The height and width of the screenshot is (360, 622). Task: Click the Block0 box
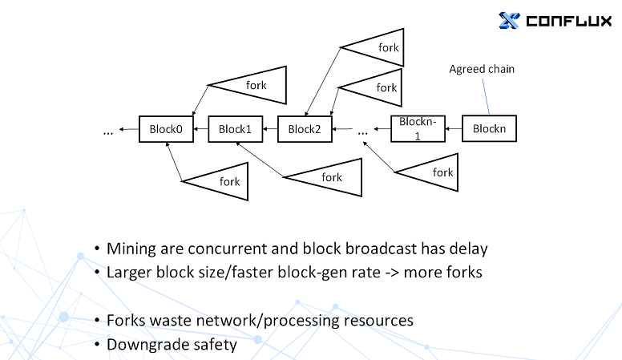pyautogui.click(x=166, y=129)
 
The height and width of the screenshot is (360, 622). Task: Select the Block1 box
pyautogui.click(x=235, y=129)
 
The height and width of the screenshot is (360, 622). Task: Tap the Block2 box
pyautogui.click(x=305, y=129)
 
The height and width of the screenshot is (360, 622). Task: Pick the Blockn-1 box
pyautogui.click(x=417, y=128)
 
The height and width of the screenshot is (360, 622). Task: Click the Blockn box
pyautogui.click(x=489, y=128)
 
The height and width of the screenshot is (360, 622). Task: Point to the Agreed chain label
pyautogui.click(x=482, y=69)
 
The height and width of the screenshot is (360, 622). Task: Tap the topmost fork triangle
pyautogui.click(x=376, y=48)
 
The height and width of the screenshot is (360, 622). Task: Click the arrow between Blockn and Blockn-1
pyautogui.click(x=453, y=128)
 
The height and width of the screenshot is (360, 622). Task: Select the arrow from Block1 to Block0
pyautogui.click(x=200, y=129)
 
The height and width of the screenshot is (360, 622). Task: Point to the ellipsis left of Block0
pyautogui.click(x=108, y=131)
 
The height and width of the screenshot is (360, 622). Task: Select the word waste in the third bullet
pyautogui.click(x=173, y=320)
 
